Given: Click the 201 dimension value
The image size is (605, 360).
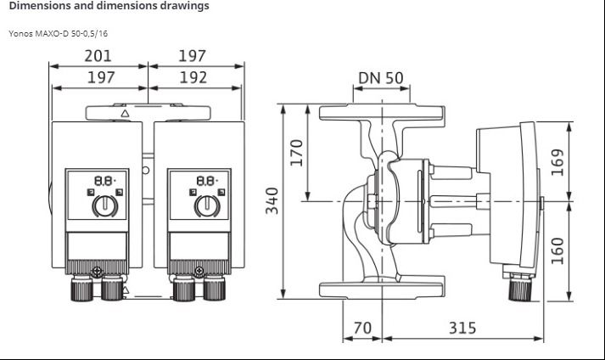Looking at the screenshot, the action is point(98,56).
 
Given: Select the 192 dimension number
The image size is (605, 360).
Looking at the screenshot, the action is point(193,77).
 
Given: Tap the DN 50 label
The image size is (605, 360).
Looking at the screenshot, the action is point(381,78).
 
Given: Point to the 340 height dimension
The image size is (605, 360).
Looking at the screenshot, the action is point(272,200).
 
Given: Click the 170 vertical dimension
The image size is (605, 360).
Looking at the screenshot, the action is point(296,153).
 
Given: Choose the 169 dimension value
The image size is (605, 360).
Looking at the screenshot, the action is point(557,162).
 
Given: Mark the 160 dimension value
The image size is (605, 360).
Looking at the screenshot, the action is point(557,251).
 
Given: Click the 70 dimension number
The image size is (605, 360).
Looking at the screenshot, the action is point(362,328).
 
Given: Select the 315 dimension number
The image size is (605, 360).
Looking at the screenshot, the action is point(462,328).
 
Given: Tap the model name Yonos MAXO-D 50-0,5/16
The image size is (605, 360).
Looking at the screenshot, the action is point(59,34).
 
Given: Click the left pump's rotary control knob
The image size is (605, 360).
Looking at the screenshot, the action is point(105,205).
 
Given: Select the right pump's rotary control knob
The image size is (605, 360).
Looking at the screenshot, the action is point(207,205).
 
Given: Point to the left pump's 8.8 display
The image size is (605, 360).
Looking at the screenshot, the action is point(105,181).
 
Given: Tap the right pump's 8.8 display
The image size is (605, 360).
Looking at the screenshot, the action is point(207,181).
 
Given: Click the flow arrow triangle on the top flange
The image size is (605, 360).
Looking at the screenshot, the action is point(125,114).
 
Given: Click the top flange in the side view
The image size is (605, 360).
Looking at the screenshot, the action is point(382,112).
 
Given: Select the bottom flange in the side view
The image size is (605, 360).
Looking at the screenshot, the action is point(381,290).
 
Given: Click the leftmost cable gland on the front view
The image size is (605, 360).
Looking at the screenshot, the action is point(81,289).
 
